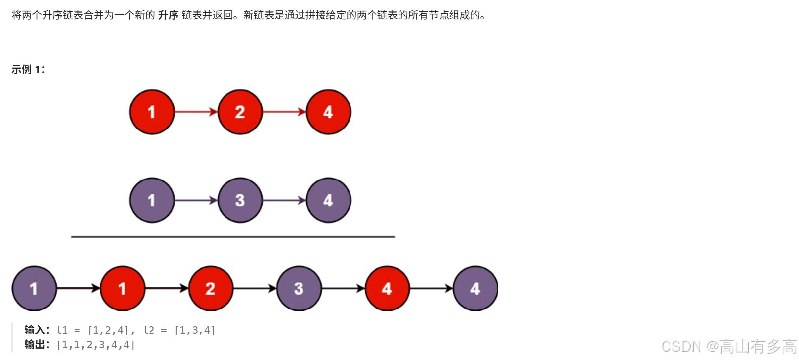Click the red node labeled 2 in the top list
point(240,112)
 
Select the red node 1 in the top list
point(152,112)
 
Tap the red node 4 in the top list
point(328,112)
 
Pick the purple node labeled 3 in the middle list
point(240,200)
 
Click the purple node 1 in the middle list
point(152,200)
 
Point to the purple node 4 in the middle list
point(328,200)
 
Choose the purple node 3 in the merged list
point(299,288)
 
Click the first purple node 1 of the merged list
point(34,288)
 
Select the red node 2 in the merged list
point(211,288)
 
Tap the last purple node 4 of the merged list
point(475,288)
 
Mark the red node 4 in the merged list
point(387,288)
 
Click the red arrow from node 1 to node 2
point(196,112)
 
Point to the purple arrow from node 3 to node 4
point(284,200)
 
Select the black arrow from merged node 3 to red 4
point(343,288)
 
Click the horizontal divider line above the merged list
point(233,237)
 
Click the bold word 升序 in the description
point(168,15)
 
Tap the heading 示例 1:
point(28,70)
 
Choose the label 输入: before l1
point(37,330)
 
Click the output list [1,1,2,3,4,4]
point(96,345)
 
